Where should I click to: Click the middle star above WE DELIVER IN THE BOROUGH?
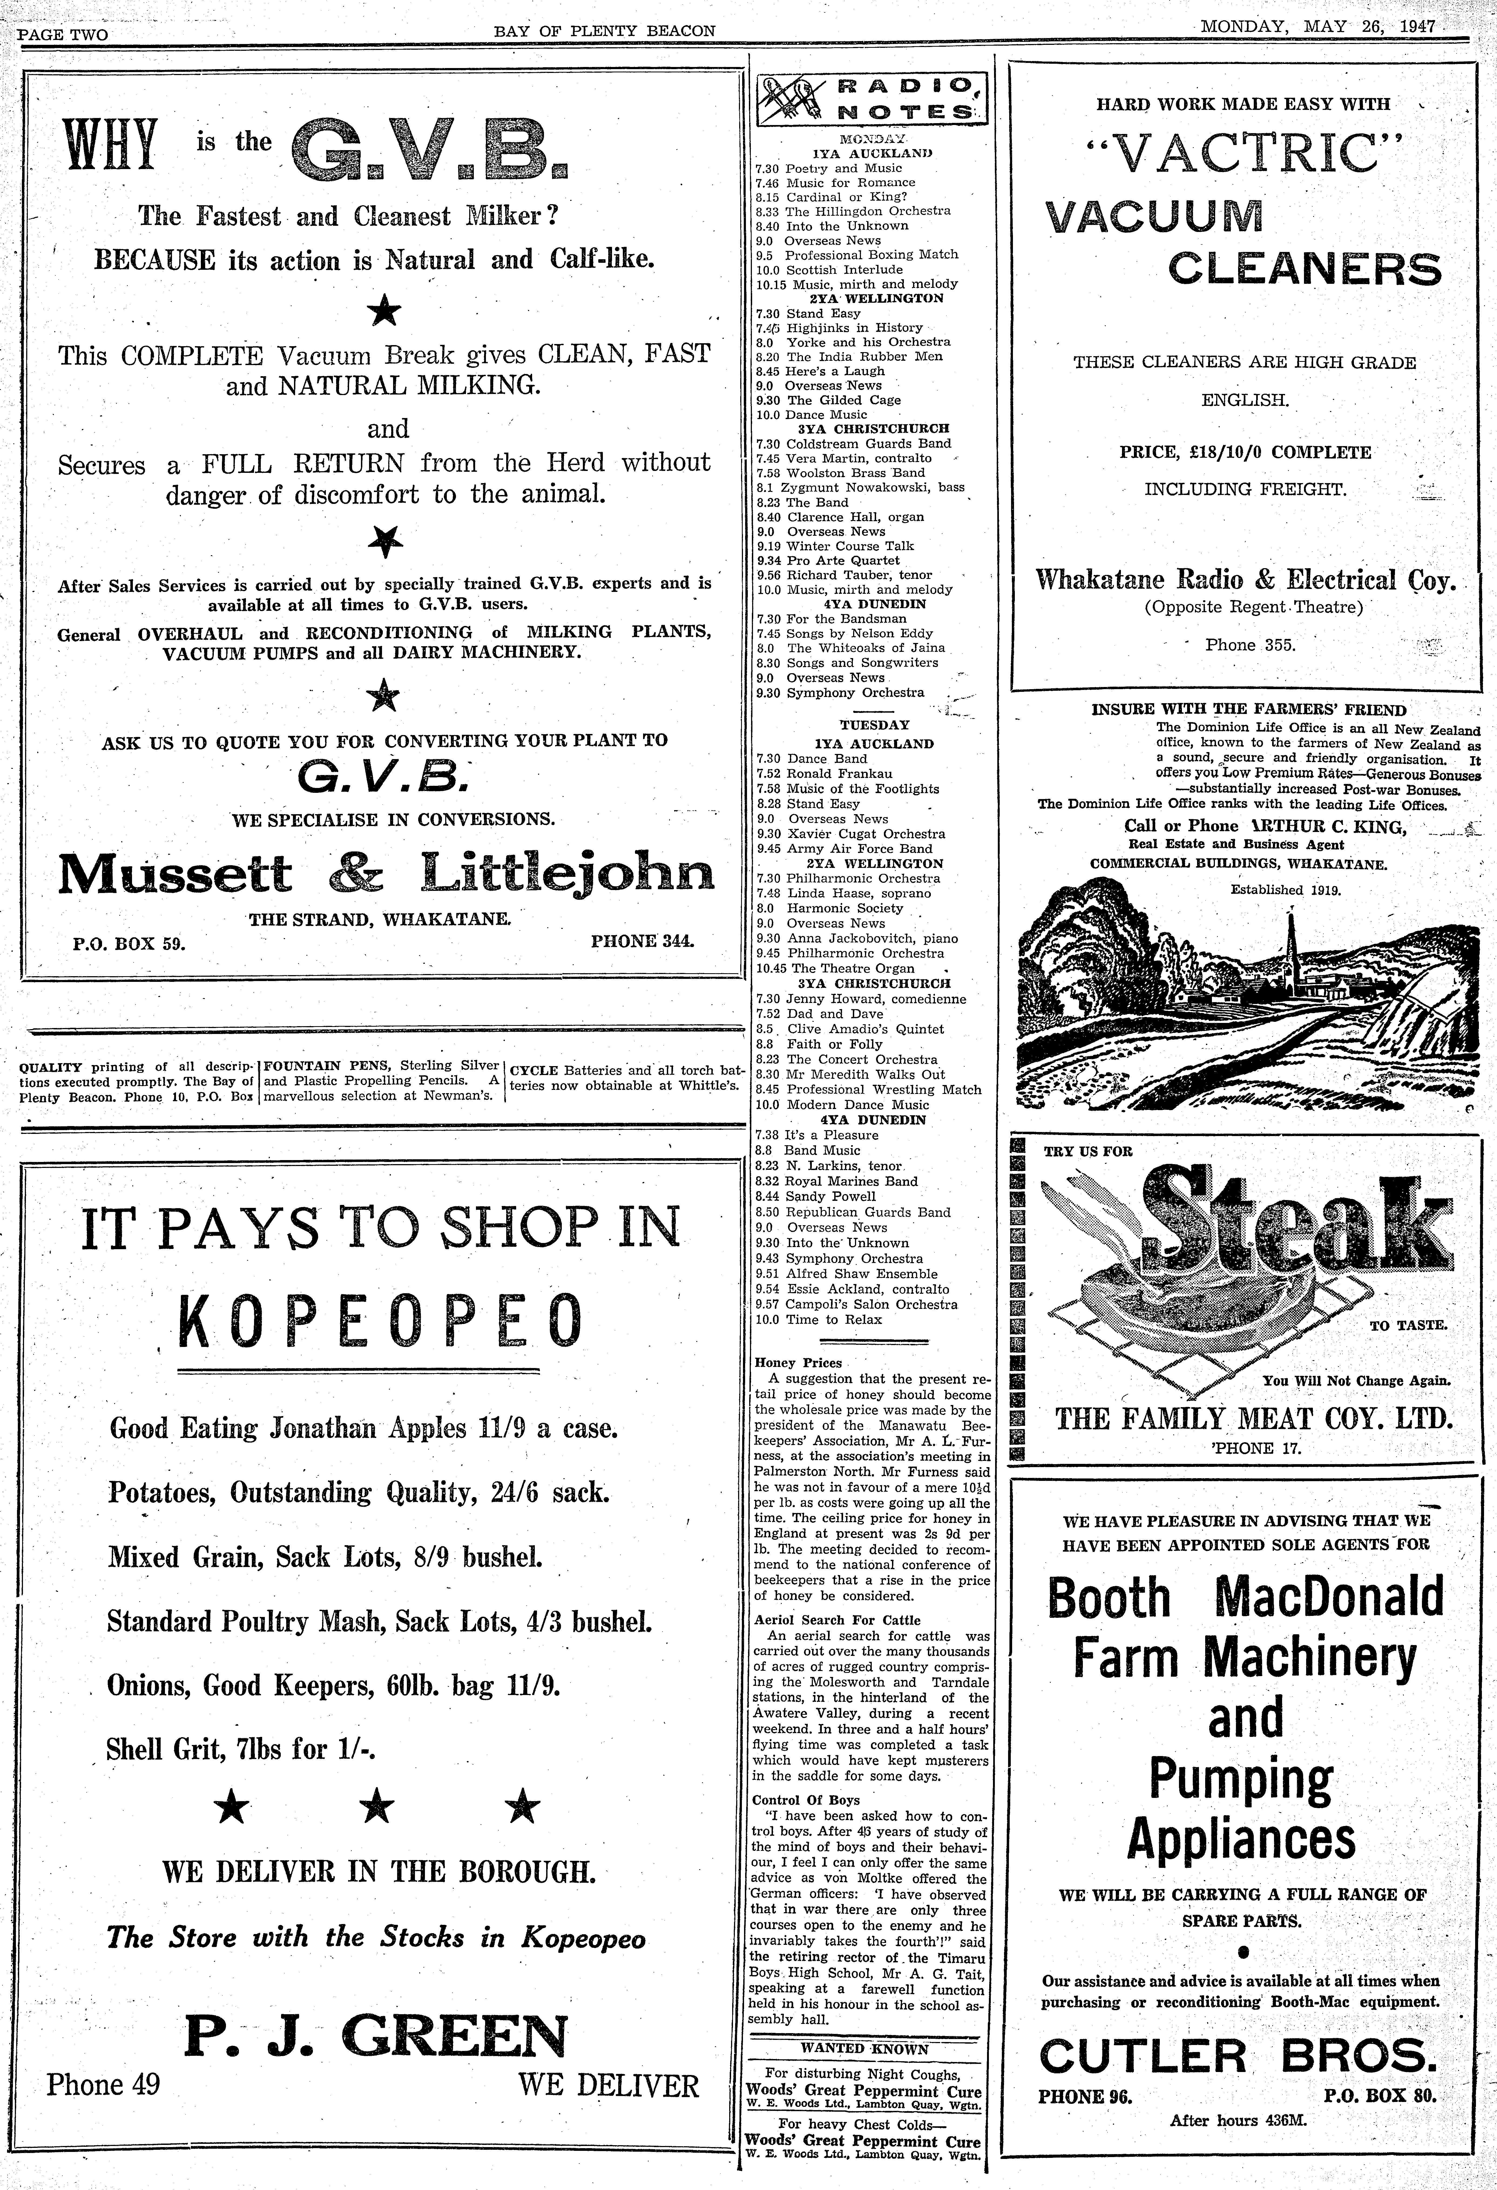point(379,1805)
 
